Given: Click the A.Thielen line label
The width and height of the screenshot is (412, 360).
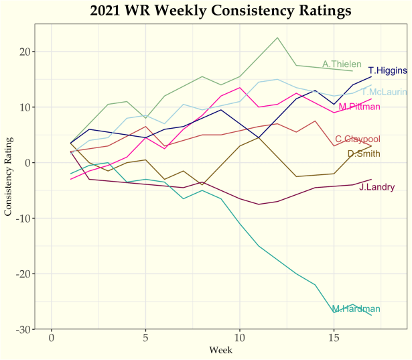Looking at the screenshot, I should [x=342, y=64].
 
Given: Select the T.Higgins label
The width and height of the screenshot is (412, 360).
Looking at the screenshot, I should [x=388, y=70].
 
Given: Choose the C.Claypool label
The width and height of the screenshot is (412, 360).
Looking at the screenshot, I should [x=358, y=139].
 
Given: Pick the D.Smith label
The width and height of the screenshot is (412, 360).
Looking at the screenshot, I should [x=364, y=154].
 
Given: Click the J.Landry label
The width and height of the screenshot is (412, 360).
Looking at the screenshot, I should [x=376, y=186].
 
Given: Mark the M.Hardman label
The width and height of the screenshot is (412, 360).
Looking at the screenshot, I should [x=356, y=308].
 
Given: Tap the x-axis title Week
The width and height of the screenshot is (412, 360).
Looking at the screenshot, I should [x=220, y=350].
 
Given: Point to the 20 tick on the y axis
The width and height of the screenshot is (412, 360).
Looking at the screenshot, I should [x=27, y=52].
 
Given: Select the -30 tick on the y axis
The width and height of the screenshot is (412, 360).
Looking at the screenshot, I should [x=25, y=330].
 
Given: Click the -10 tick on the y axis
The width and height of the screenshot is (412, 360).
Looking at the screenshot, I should [x=25, y=219].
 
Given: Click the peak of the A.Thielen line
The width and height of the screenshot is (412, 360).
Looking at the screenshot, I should [x=277, y=38].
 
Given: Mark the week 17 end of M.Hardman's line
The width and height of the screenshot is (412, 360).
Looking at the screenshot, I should [x=371, y=315].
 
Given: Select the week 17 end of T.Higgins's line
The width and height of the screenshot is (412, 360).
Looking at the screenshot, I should [x=371, y=76].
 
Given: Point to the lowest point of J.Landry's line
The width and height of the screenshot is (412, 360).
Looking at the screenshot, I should [x=259, y=204].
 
